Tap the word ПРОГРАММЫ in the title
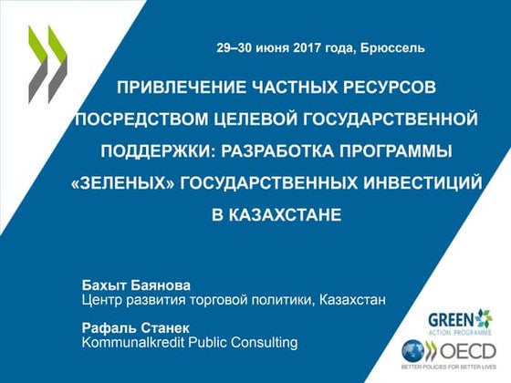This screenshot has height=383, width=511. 394,150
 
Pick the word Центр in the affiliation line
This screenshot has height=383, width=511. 103,299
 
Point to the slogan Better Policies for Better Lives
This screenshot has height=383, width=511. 448,370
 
